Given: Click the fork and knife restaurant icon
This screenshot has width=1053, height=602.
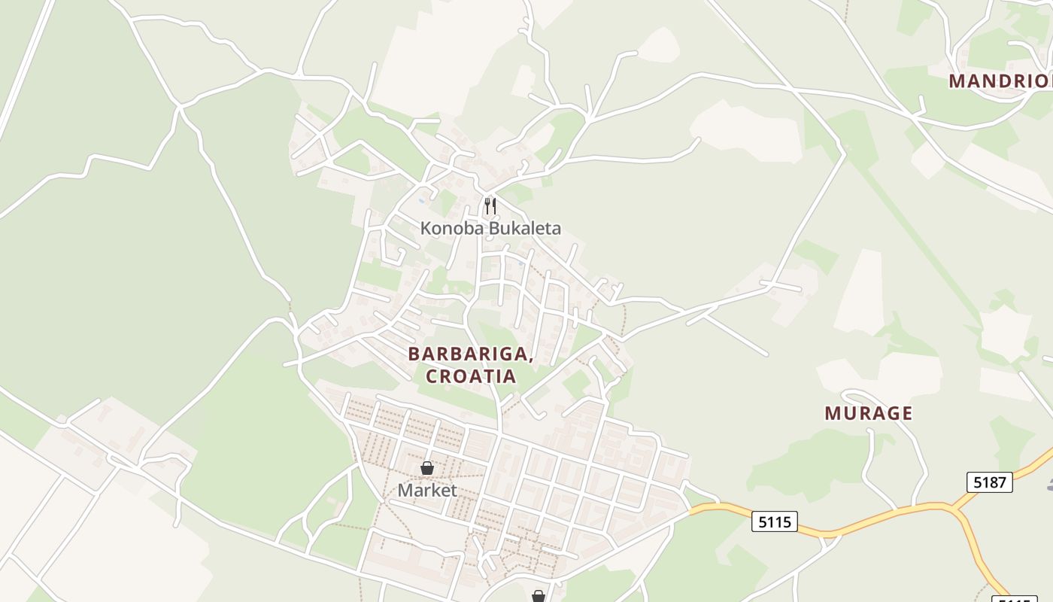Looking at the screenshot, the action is click(x=490, y=205).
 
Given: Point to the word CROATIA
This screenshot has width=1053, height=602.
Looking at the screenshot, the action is click(x=471, y=376).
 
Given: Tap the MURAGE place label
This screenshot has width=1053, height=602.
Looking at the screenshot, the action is click(x=868, y=413).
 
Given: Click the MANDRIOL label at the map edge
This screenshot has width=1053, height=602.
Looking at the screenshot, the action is click(x=1000, y=81).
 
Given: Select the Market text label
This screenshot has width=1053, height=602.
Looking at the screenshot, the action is click(x=427, y=491).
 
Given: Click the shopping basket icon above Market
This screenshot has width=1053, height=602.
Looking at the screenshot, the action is click(x=427, y=468).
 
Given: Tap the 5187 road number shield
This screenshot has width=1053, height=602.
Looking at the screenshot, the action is click(x=989, y=482).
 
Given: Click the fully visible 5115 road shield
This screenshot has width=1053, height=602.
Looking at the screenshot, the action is click(x=774, y=521).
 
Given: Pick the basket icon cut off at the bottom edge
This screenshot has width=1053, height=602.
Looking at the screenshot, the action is click(x=538, y=596).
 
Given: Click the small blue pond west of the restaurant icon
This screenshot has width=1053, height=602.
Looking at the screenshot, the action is click(x=421, y=200).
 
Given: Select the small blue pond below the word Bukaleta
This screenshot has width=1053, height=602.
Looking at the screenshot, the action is click(x=520, y=264).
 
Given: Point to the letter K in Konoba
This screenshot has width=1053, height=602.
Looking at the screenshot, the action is click(x=426, y=228).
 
